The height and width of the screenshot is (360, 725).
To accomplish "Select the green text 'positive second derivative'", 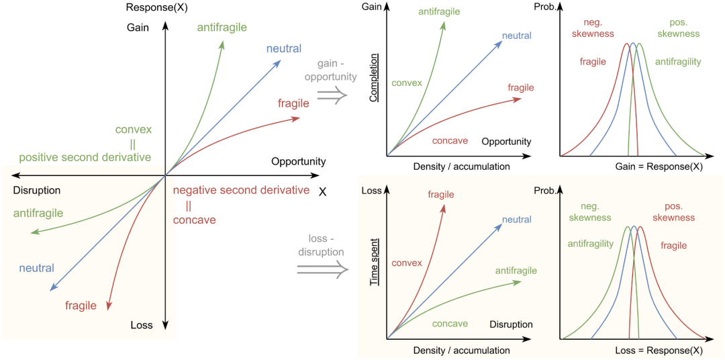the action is click(x=85, y=158).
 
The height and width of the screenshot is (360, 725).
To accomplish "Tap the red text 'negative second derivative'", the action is click(x=240, y=189).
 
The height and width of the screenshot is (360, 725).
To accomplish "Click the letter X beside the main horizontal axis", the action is click(x=323, y=191).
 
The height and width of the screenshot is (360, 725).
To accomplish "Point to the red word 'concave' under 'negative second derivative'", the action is click(x=195, y=220).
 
